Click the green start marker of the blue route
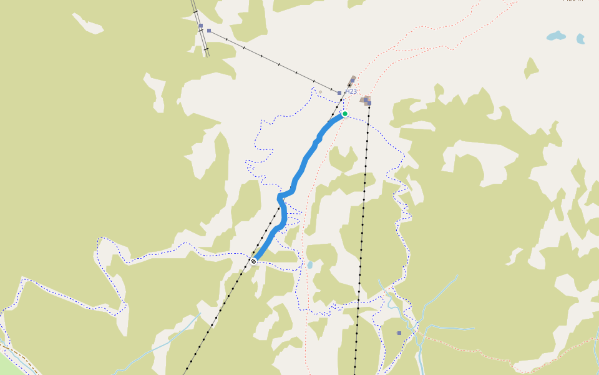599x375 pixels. [344, 114]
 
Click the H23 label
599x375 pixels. [351, 92]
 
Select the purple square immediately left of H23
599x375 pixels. [339, 93]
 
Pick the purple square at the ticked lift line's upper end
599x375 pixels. [209, 30]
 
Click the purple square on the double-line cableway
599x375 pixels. [200, 26]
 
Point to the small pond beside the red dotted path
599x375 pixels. [310, 265]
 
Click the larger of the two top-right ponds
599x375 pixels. [555, 36]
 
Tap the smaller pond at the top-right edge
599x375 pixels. [580, 39]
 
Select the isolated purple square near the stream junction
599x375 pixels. [399, 333]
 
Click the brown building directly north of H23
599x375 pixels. [353, 79]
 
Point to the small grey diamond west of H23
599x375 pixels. [321, 92]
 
